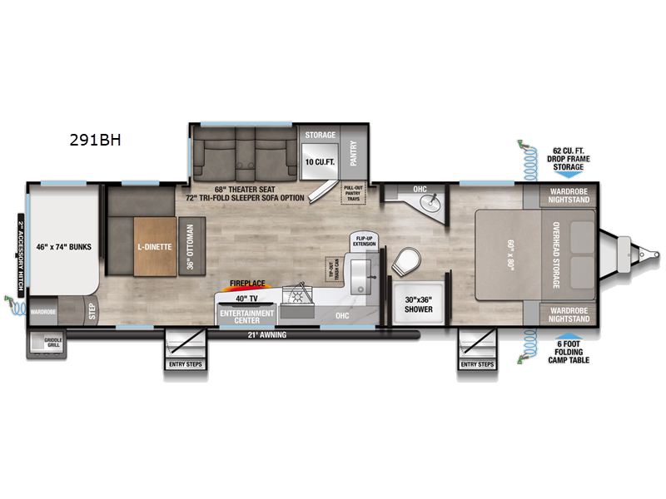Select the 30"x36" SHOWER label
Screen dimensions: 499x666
point(419,304)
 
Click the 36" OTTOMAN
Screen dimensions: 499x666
point(191,247)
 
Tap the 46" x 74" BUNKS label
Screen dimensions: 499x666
point(63,247)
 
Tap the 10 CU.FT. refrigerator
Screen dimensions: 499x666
point(319,161)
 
